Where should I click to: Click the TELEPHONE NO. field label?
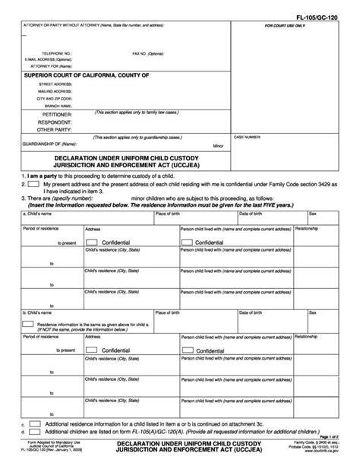click(x=58, y=54)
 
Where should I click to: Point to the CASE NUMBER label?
click(x=271, y=138)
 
